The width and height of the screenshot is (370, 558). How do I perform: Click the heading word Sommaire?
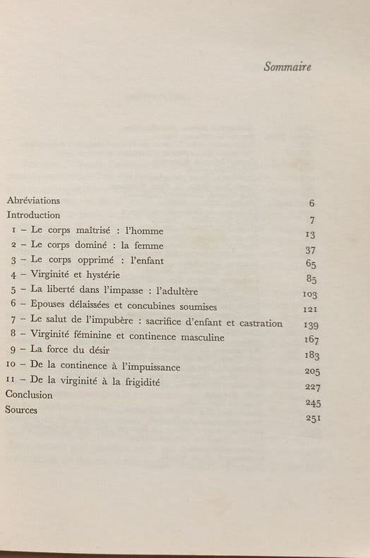click(287, 67)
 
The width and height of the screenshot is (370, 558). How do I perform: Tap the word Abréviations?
click(33, 200)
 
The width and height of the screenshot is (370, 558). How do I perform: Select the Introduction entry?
click(33, 215)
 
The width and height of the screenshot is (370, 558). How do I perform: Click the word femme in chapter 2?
click(148, 246)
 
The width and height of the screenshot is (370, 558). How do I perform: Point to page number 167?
click(310, 340)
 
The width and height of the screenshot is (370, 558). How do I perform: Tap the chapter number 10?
click(10, 367)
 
